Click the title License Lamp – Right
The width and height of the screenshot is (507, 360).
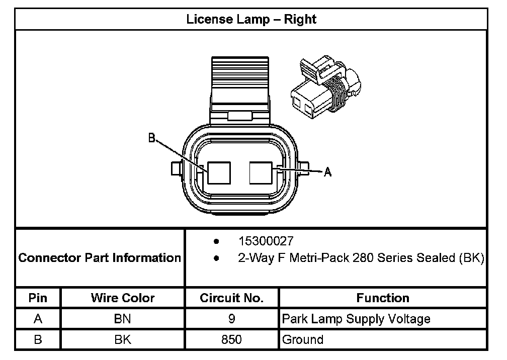pos(251,20)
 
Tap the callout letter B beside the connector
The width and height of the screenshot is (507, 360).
pos(151,138)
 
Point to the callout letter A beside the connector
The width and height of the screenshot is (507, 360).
pos(327,172)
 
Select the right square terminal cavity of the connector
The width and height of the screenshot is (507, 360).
pos(262,172)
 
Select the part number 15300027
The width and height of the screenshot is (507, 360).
pos(266,241)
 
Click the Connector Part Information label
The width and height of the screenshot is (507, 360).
pos(100,258)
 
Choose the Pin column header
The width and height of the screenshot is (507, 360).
pos(38,298)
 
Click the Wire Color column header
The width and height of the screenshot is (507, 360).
pos(123,298)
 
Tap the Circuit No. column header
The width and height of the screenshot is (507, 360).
pos(232,298)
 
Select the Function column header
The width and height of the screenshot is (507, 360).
pos(383,298)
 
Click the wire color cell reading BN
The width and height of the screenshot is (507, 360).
pos(123,319)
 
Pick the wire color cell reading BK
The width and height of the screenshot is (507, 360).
pos(123,339)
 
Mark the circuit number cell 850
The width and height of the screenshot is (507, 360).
pos(232,339)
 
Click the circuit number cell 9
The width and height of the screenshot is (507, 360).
pos(232,319)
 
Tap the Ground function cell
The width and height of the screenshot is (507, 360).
pos(303,339)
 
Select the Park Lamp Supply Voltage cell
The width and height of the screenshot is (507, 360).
pos(356,319)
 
